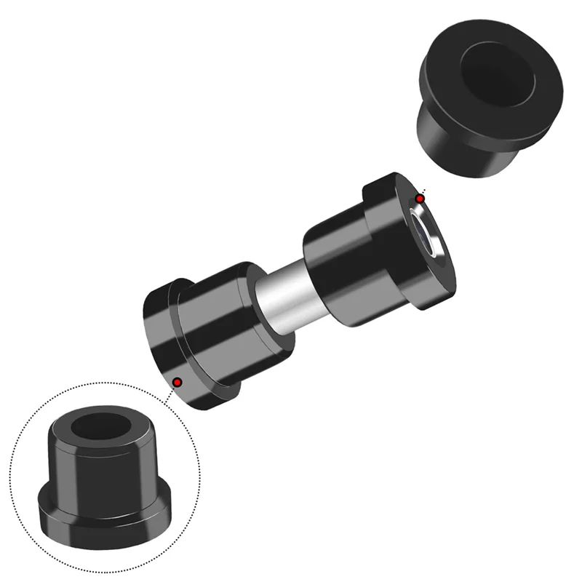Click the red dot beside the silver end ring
(x=420, y=199)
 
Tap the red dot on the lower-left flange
(x=177, y=382)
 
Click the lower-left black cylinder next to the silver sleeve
(x=218, y=320)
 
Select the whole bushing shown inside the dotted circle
(x=105, y=477)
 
